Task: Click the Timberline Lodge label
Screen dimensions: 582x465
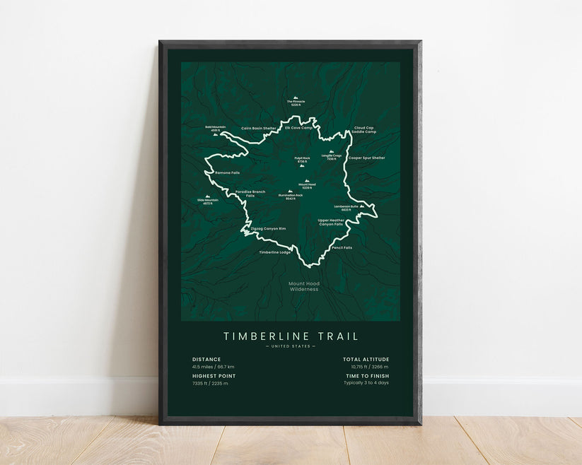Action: (274, 252)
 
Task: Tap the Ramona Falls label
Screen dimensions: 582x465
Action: (226, 172)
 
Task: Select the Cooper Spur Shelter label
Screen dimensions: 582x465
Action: (366, 158)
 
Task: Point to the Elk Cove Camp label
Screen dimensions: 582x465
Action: (298, 128)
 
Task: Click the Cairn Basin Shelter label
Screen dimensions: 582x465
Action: (259, 128)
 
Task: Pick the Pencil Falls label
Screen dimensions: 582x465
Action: (342, 247)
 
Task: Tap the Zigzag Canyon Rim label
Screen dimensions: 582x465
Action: (268, 229)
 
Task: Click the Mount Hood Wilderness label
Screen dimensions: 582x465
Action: (303, 286)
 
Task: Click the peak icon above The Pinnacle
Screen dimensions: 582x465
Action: (296, 98)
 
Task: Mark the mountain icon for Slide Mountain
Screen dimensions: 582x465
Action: (208, 196)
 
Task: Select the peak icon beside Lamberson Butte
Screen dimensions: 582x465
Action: (362, 206)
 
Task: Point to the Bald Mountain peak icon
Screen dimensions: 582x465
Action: (215, 134)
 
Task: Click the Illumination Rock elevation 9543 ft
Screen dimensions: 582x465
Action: (290, 199)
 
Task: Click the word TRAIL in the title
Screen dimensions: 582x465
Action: (337, 336)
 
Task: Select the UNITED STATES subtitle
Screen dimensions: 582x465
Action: (291, 346)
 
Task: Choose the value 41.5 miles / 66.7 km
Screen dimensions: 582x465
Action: (214, 367)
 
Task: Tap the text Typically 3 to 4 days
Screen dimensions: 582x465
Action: (366, 383)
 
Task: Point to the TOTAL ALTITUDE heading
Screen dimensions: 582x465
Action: (366, 359)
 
